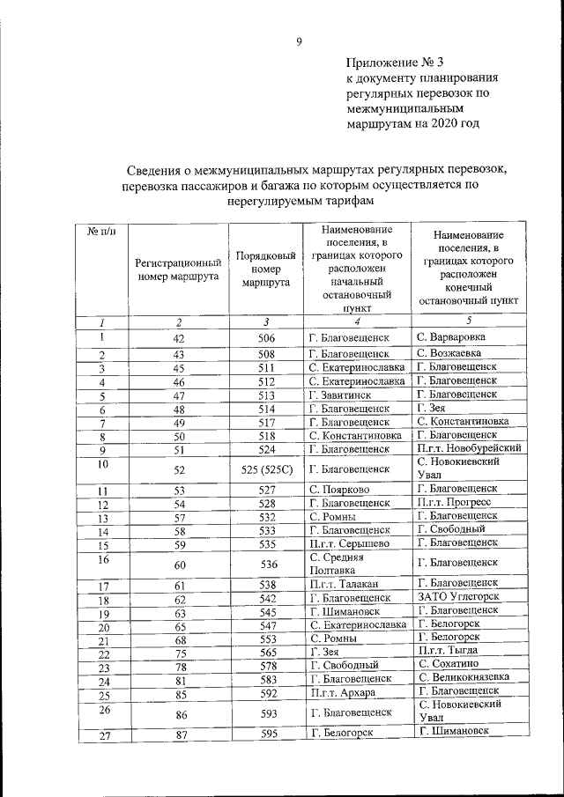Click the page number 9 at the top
pyautogui.click(x=299, y=41)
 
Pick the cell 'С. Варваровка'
pyautogui.click(x=451, y=337)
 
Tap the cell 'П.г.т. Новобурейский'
pyautogui.click(x=470, y=447)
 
